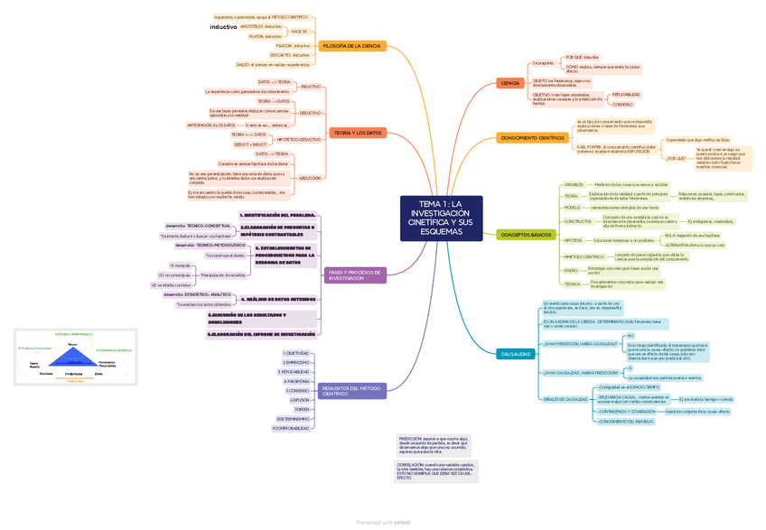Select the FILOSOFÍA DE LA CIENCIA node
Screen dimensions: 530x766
[351, 46]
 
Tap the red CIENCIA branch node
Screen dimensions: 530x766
[510, 83]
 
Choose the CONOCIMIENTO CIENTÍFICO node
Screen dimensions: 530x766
[532, 138]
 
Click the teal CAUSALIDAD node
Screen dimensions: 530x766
[516, 354]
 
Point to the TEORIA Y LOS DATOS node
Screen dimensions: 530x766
[359, 133]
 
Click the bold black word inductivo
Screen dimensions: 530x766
[223, 27]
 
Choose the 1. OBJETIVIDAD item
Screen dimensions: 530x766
[296, 353]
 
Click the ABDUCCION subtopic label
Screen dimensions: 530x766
[310, 178]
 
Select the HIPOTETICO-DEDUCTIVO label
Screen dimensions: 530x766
[298, 140]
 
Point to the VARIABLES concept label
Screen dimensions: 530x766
[574, 184]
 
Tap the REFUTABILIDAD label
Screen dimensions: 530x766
[626, 94]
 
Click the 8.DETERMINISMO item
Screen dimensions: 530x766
[294, 419]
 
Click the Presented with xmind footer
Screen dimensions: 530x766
[383, 522]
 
